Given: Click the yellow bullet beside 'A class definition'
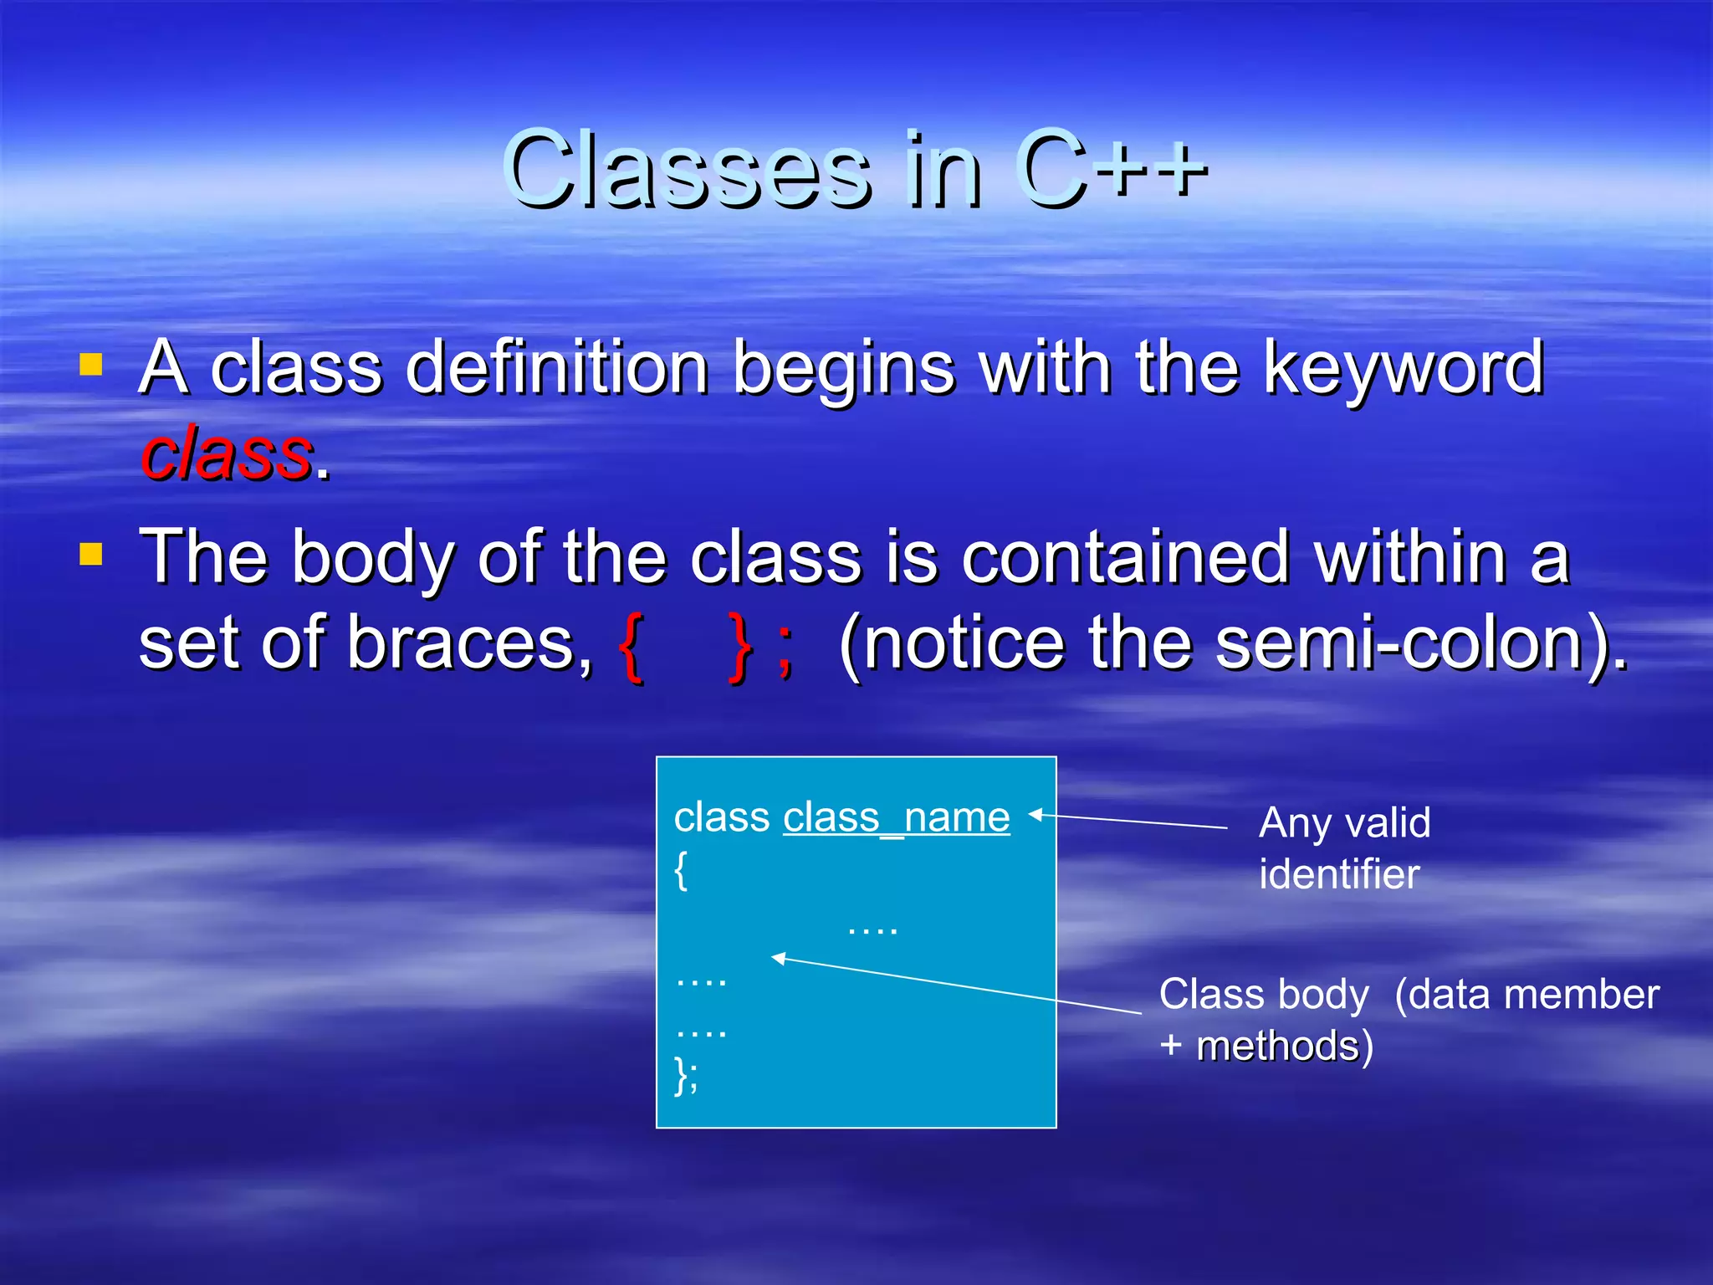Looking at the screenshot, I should [91, 365].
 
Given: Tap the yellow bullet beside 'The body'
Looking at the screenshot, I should [91, 555].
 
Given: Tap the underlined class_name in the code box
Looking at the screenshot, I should [896, 817].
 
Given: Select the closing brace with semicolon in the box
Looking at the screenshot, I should [685, 1074].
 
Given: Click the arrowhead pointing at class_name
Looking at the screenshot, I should [1035, 814].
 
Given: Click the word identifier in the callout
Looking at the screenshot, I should [1338, 874].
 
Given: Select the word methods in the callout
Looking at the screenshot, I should [1277, 1046].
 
